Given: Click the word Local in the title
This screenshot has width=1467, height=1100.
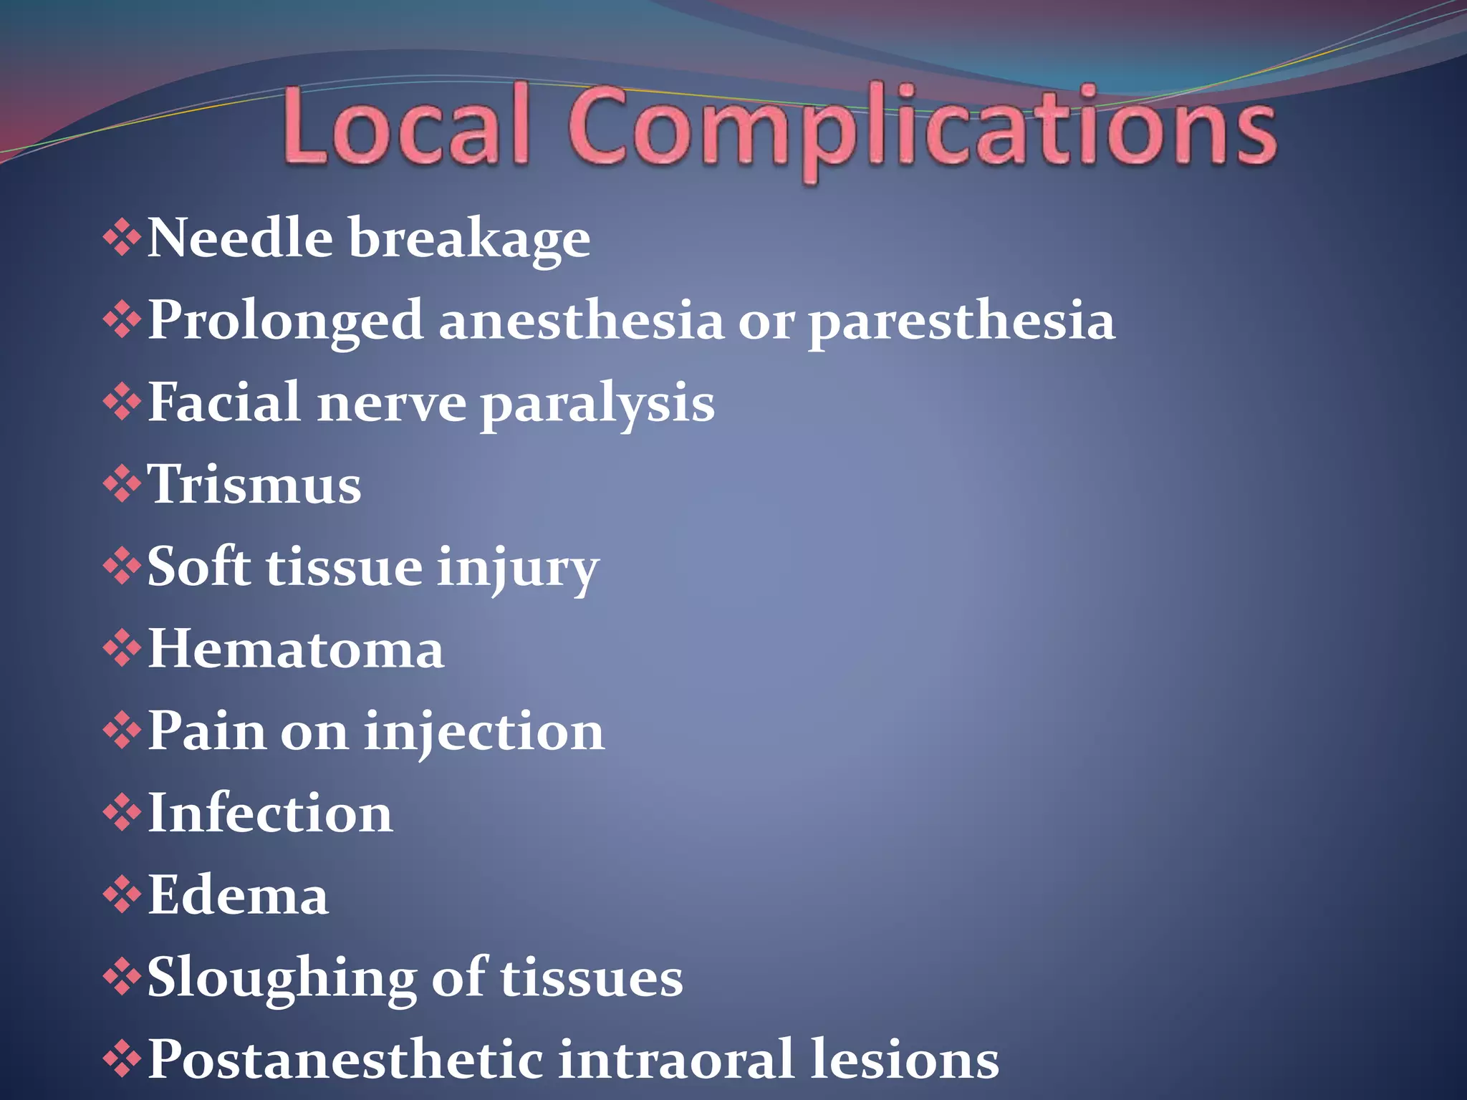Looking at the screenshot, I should coord(405,126).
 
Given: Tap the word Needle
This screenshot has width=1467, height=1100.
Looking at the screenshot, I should coord(239,238).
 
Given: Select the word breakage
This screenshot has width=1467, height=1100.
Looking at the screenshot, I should coord(469,239).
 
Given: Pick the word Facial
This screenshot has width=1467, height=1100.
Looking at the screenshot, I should coord(223,402).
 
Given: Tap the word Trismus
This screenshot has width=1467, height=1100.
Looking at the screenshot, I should coord(254,485).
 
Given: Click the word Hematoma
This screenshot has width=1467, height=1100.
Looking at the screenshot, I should coord(296,649).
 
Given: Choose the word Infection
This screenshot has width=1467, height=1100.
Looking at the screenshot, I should coord(270,814).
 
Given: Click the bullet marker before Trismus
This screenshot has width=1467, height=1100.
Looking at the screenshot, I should coord(122,485).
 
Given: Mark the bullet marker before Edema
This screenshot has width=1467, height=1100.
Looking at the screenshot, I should coord(122,895).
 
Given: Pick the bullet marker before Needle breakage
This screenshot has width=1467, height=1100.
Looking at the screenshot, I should coord(122,238).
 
